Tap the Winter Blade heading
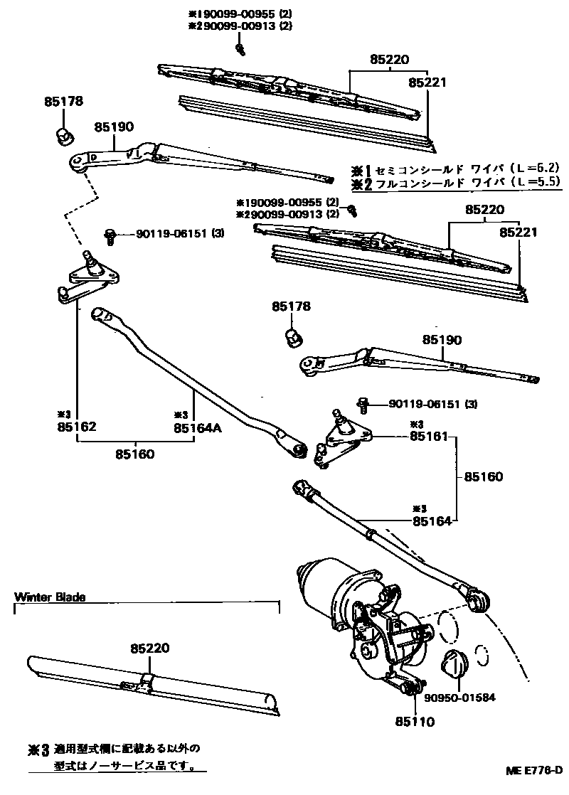click(50, 597)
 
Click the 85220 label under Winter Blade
click(150, 648)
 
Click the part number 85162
click(77, 427)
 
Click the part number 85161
click(429, 436)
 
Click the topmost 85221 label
click(427, 82)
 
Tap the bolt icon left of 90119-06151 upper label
click(110, 235)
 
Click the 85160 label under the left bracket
click(136, 454)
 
